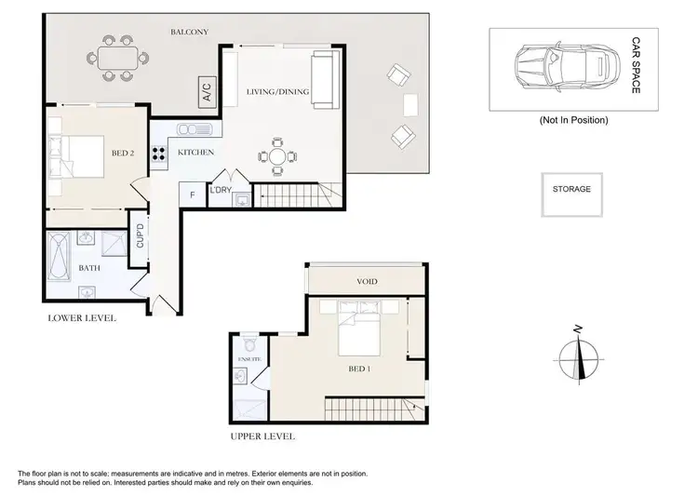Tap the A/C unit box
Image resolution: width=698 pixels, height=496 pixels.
click(206, 92)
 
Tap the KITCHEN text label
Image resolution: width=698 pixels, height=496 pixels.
click(196, 152)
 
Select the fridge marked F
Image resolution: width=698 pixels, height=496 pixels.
click(192, 195)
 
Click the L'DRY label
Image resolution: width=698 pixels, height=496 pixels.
click(221, 191)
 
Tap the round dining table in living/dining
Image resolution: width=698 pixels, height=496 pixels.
click(277, 156)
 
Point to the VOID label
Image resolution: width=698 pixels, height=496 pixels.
click(367, 281)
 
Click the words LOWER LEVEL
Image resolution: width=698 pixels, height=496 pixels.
click(82, 318)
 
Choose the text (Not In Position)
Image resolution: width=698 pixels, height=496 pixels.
click(573, 121)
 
